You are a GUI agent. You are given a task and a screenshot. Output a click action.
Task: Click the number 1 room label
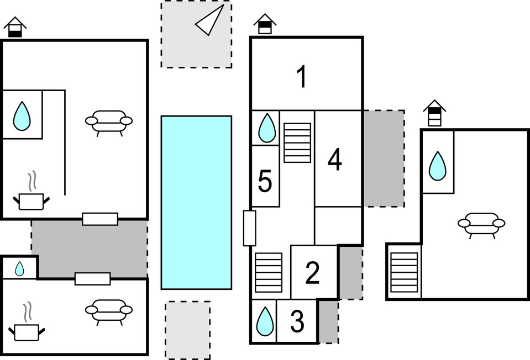point(301,77)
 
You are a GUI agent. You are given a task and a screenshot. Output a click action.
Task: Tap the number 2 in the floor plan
point(312,273)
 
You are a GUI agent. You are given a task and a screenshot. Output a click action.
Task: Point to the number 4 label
point(335,160)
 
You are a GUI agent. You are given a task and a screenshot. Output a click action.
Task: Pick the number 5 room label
point(265,182)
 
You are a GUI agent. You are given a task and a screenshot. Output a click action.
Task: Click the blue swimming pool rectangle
point(196,202)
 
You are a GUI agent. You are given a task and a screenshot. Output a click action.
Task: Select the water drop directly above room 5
point(267,127)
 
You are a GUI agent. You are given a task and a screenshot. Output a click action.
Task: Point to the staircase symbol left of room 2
point(269,272)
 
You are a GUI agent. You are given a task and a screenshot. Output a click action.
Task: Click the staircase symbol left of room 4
point(297,142)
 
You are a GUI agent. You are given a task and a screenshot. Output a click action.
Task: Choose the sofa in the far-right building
point(481,224)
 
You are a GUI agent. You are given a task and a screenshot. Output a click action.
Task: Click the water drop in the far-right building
point(438,166)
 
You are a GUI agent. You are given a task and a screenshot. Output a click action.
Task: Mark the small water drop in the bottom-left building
point(19,269)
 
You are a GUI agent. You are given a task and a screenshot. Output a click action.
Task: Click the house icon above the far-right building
point(435,113)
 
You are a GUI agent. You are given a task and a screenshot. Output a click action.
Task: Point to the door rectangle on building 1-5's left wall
point(249,228)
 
